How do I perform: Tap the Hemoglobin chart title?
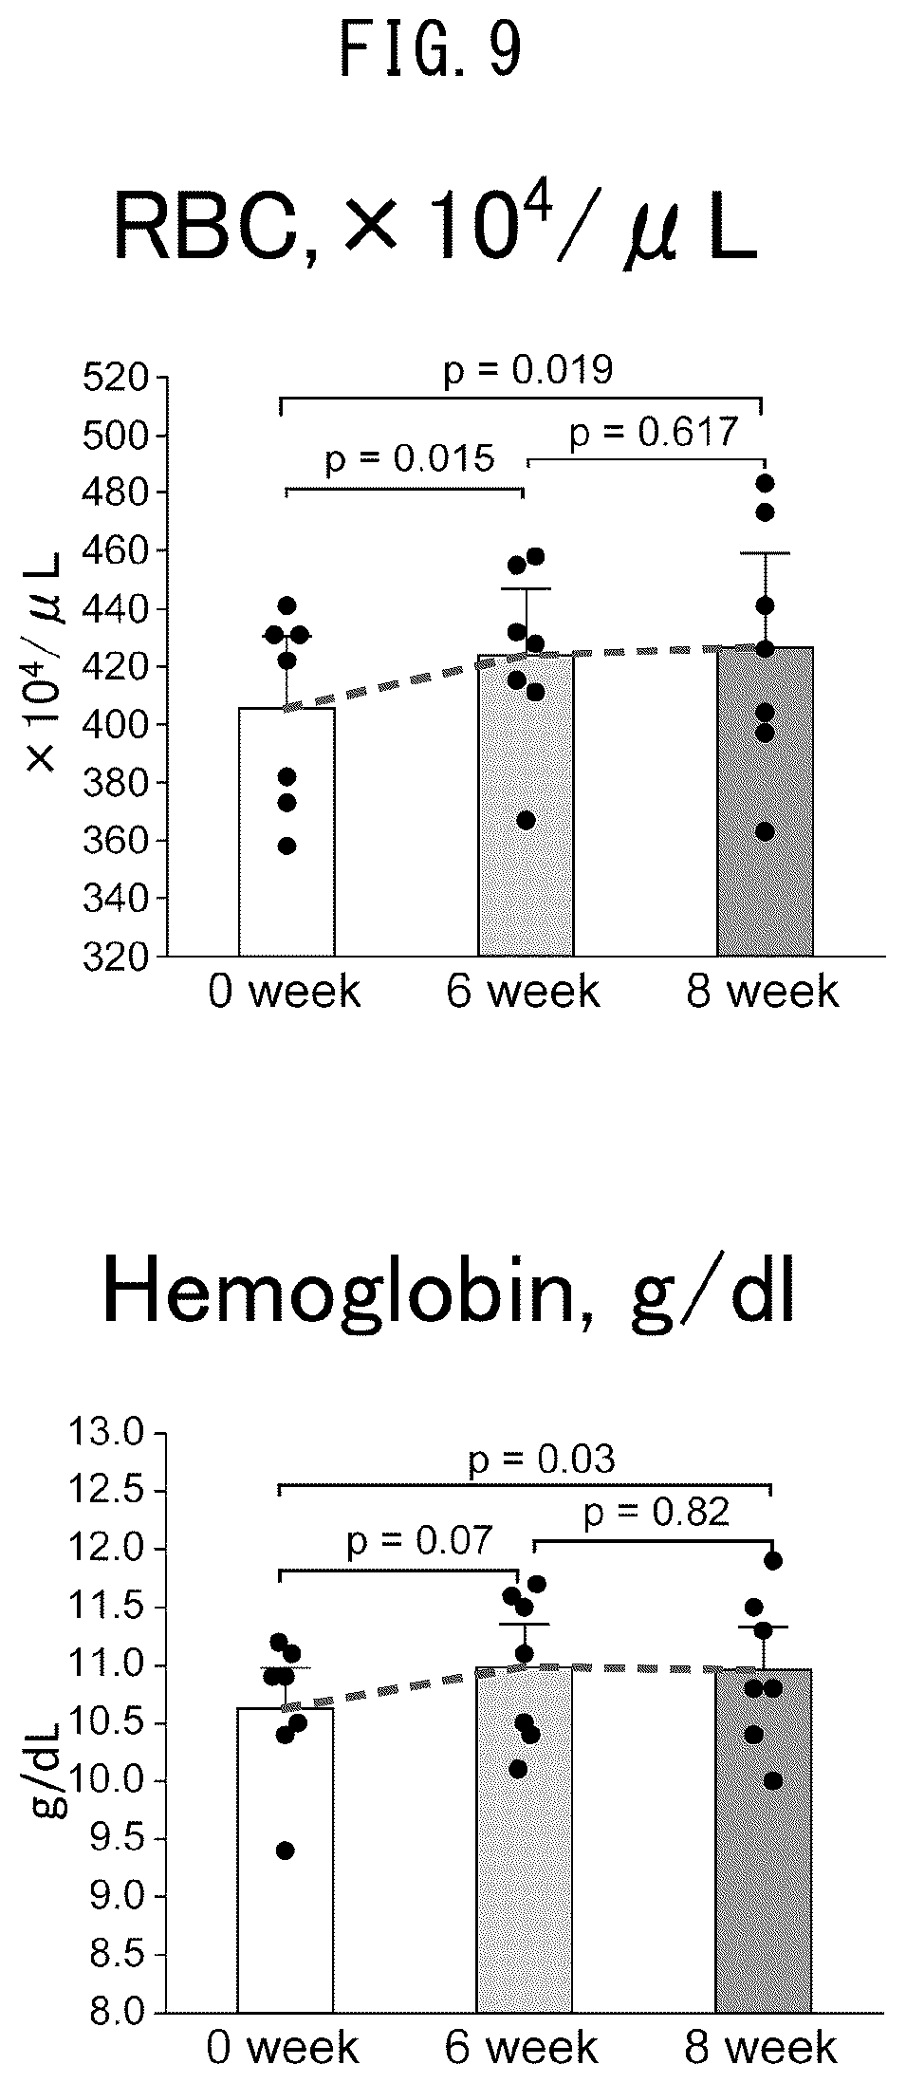[448, 1295]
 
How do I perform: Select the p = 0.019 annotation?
[527, 370]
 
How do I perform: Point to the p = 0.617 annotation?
[653, 433]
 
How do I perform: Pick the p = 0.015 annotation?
[410, 459]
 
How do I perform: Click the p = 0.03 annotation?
[542, 1460]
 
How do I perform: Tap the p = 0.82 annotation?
[656, 1513]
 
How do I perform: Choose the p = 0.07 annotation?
[420, 1542]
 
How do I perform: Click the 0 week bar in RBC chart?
[287, 831]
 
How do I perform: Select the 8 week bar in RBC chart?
[765, 802]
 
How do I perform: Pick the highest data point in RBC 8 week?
[766, 484]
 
